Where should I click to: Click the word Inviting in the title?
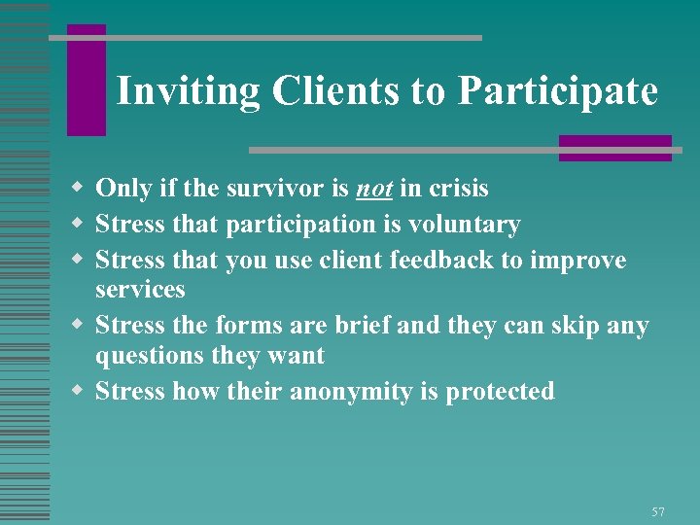pos(188,91)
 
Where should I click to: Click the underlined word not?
pos(372,189)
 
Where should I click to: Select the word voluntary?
pos(463,226)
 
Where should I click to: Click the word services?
pos(140,290)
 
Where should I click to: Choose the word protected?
pos(501,392)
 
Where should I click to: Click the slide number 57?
pos(658,511)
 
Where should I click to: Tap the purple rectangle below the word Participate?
pos(614,148)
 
